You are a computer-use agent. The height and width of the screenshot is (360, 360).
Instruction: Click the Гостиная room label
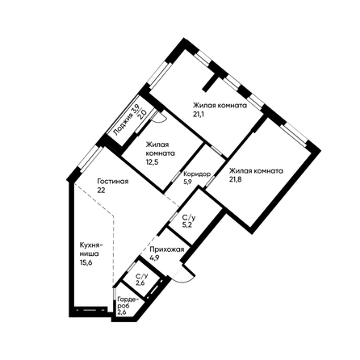coord(113,182)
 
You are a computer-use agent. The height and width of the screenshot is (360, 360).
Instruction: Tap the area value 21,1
coord(199,114)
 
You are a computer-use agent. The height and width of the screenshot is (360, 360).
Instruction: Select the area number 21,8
coord(236,179)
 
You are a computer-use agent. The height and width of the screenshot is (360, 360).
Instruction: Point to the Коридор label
coord(197,174)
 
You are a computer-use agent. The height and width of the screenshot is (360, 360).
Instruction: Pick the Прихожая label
coord(167,249)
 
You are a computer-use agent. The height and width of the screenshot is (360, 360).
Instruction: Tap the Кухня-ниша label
coord(91,249)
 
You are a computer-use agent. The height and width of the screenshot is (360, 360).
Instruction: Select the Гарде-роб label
coord(126,303)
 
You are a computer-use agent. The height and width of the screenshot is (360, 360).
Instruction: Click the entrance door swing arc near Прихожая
coord(186,278)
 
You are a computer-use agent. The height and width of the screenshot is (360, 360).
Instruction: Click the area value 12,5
coord(153,161)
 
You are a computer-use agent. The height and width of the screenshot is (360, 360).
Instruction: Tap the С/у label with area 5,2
coord(188,217)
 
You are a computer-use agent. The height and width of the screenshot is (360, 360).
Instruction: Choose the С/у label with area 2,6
coord(141,276)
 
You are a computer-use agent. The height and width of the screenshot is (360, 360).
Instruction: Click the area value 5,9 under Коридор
coord(187,182)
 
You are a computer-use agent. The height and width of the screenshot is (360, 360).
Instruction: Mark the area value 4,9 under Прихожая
coord(155,257)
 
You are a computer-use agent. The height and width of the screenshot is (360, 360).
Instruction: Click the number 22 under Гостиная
coord(101,190)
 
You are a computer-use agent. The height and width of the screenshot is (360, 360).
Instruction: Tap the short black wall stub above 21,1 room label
coord(211,82)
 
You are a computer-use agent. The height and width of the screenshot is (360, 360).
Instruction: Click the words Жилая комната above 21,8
coord(256,171)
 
